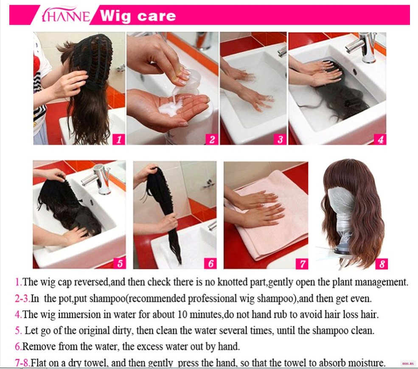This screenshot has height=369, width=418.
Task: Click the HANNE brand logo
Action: [x=66, y=15]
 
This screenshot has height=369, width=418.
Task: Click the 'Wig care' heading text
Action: [x=138, y=16]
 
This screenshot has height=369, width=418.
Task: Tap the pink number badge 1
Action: [x=119, y=139]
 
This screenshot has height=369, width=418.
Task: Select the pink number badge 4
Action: [x=380, y=139]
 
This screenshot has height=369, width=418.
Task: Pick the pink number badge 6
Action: [x=210, y=263]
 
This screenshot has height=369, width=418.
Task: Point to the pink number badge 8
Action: [x=382, y=264]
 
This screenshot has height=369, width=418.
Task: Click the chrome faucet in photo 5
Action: [x=98, y=179]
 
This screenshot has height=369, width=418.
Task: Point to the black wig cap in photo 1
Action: [x=92, y=60]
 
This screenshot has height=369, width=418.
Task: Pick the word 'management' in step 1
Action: [x=381, y=282]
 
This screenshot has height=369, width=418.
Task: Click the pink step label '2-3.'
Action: [x=22, y=299]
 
